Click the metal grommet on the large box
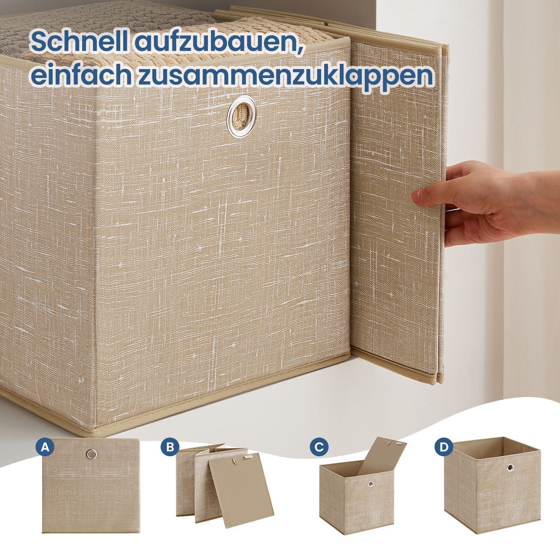pos(242,116)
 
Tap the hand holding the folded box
pos(485,203)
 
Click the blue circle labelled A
pos(45,447)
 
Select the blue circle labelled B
pos(170,447)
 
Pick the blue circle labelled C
pos(319,447)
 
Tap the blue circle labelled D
pos(444,447)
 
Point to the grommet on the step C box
pos(370,484)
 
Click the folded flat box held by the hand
pos(398,209)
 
